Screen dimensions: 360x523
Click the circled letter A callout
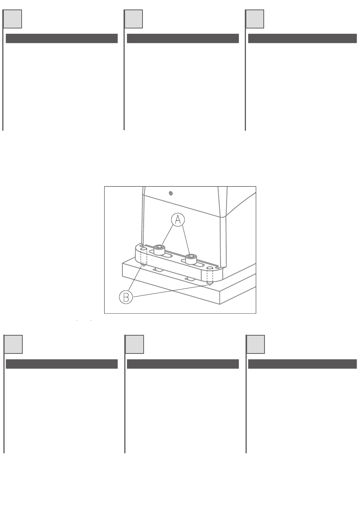pos(178,220)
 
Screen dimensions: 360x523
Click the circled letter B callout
pos(126,297)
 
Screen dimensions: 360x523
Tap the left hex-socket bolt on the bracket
pos(160,249)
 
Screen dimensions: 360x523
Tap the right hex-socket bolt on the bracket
pos(191,259)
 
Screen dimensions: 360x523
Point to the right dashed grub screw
pos(210,276)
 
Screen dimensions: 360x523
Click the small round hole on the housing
pos(171,193)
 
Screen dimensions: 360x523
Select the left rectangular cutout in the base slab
pos(158,270)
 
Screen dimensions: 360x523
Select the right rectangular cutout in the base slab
pos(190,279)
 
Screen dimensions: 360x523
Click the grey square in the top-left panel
pos(13,19)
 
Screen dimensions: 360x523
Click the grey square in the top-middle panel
pos(133,19)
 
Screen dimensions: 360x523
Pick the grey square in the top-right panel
pos(255,19)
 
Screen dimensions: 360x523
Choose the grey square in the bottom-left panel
pos(13,344)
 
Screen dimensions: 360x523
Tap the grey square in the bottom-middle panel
pos(135,344)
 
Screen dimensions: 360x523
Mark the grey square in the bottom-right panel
pos(255,344)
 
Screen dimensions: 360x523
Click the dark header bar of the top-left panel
pos(62,38)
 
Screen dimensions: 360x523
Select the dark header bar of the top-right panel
pos(302,38)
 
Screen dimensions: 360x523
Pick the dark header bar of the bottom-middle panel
pos(183,364)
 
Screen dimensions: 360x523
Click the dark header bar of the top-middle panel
pos(183,38)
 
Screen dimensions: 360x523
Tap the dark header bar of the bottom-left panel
pos(62,364)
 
